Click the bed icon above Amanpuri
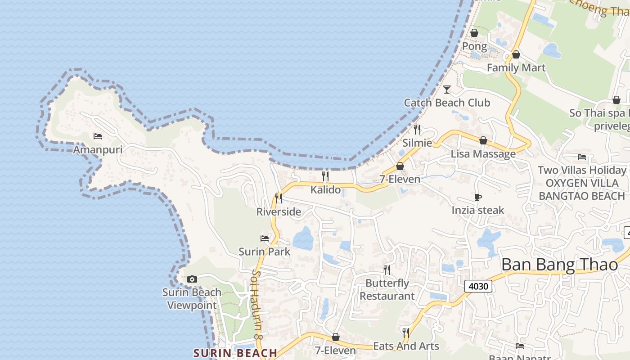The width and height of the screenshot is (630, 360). pos(98,136)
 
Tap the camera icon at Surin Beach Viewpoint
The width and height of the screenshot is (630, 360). pos(192,279)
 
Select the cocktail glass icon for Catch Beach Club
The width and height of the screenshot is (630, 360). pos(446,90)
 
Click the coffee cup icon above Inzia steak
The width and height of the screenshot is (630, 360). pos(478,197)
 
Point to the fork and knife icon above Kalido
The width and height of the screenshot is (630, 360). pos(325,176)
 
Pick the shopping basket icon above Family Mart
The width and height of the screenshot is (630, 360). pos(516,54)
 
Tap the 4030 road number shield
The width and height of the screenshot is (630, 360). pos(478,286)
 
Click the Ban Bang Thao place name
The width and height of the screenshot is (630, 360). pos(559,265)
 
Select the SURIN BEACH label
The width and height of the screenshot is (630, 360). pos(235,353)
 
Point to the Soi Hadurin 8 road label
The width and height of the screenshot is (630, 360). pos(257,304)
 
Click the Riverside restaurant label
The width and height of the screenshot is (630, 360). pos(279,211)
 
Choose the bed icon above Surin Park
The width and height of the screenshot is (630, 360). pos(265,238)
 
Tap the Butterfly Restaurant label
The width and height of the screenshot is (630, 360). pos(387,289)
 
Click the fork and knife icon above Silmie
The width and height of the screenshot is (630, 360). pos(417,130)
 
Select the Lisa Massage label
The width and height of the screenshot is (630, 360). pos(483,154)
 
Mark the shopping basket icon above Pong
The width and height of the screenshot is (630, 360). pos(474,33)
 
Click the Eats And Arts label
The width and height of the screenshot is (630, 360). pos(406,346)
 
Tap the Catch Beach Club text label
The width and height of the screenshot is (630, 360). pos(447,103)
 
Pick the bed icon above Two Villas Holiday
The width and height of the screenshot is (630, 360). pos(582,157)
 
